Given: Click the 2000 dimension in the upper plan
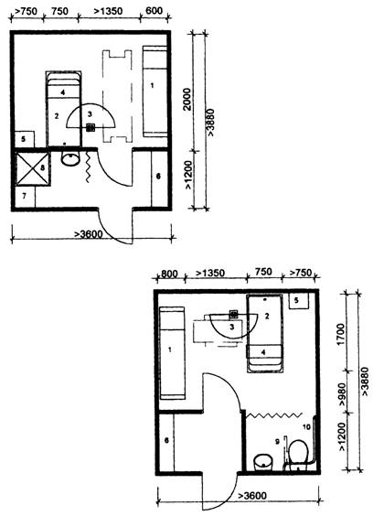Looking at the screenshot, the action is point(186,99).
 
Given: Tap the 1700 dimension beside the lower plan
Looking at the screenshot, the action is point(341,334).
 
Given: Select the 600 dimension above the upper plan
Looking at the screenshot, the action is point(154,11).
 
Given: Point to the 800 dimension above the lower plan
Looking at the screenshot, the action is point(169,274).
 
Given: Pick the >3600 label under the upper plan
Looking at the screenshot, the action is point(88,234).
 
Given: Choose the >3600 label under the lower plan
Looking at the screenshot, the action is point(252,495).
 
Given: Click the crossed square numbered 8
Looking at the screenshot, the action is point(32,167).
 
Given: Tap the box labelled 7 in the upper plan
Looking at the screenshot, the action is point(25,197).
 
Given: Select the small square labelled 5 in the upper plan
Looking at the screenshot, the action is point(25,139).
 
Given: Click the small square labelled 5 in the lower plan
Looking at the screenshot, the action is point(298,301).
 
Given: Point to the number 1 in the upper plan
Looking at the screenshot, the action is point(152,86).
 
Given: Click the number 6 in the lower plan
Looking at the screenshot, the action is point(166,440).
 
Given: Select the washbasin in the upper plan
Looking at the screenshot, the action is point(70,158).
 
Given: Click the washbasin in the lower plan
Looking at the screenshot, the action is point(263,462).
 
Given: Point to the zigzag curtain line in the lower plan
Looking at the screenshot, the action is point(273,414).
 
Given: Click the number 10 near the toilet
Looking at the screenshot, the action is point(306,427).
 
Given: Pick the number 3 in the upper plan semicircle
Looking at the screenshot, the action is point(90,114).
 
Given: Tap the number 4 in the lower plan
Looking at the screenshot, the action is point(263,352).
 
